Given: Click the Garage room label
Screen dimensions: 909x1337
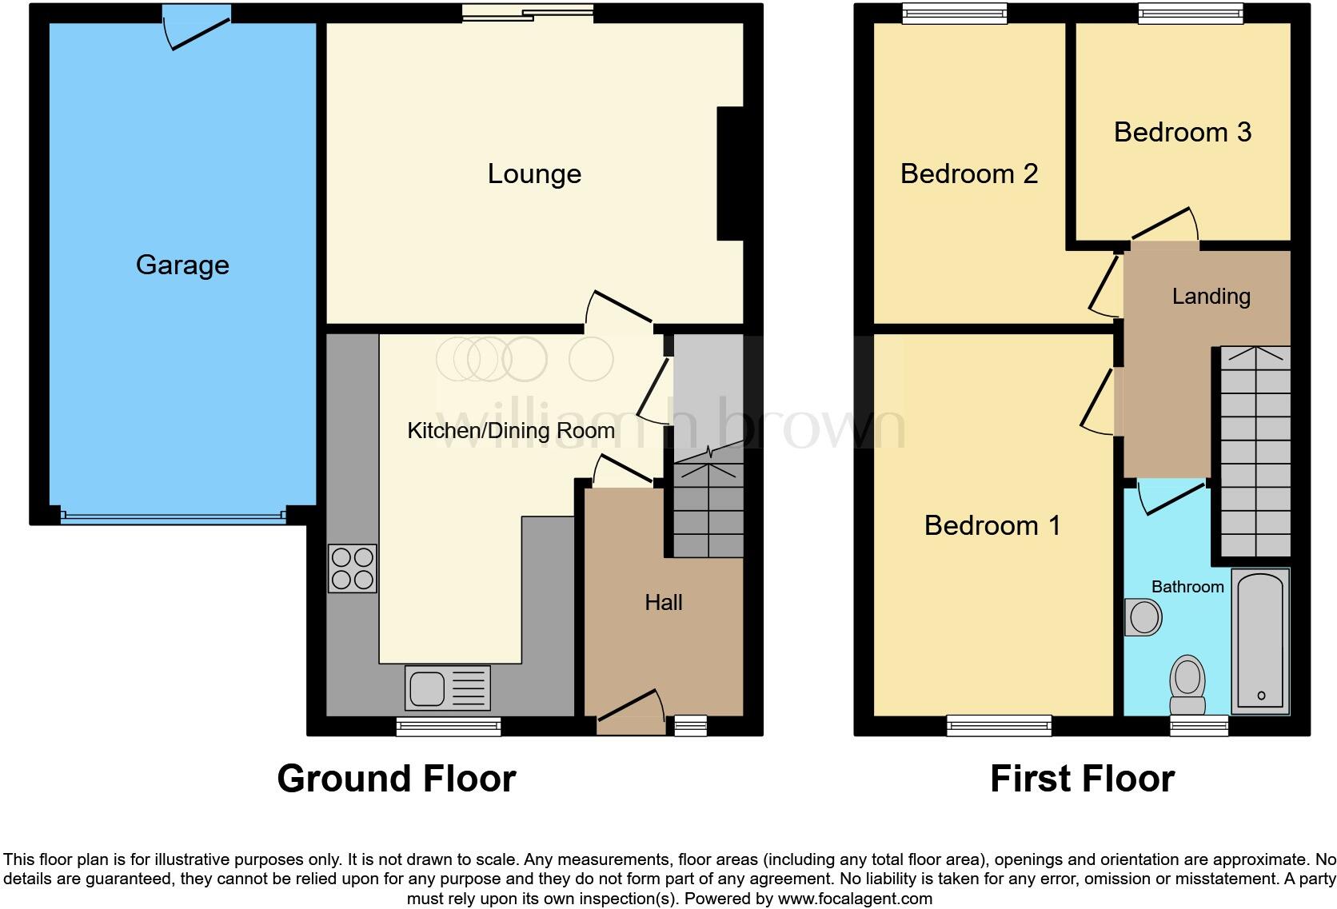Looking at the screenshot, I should coord(182,265).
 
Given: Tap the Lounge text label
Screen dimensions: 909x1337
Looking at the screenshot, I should coord(534,174).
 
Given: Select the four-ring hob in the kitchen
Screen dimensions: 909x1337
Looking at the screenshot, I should coord(352,568).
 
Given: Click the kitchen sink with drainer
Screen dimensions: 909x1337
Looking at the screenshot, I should coord(447,688).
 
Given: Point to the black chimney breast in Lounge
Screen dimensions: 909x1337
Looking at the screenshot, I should coord(730,173).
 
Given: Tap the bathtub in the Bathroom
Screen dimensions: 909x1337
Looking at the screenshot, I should coord(1260,642).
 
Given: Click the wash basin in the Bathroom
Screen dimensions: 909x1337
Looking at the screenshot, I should coord(1143,617).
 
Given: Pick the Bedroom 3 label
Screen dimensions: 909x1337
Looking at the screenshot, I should coord(1182,133).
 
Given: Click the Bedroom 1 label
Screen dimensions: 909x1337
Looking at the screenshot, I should coord(992,526).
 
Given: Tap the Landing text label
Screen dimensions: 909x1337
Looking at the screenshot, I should coord(1211,297).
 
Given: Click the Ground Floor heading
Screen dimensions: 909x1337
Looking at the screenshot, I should coord(396,779).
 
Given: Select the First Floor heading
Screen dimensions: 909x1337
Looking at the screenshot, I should coord(1082,779).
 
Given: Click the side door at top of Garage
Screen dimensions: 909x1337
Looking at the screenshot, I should coord(197,29).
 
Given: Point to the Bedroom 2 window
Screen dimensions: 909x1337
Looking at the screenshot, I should coord(954,11).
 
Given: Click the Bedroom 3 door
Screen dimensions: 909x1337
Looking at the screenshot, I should coord(1164,226).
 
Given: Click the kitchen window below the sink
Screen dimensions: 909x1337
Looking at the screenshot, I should coord(449,726).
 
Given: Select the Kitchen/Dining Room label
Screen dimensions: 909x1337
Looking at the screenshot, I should coord(510,431).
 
